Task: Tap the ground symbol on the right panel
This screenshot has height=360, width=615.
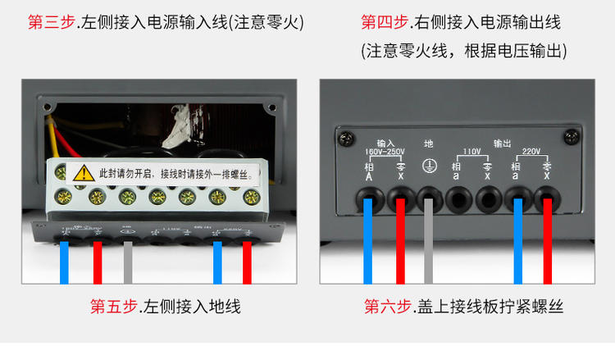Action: point(426,163)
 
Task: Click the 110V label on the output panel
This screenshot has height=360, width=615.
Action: point(471,152)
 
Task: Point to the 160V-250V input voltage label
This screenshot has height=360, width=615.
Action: point(385,152)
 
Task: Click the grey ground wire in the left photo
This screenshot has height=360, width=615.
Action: point(127,262)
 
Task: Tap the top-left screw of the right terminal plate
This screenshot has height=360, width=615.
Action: point(348,133)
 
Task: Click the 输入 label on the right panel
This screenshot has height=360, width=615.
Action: point(385,141)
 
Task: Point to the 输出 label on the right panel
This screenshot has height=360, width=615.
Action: point(502,141)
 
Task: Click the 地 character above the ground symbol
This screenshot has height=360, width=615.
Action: point(426,142)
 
